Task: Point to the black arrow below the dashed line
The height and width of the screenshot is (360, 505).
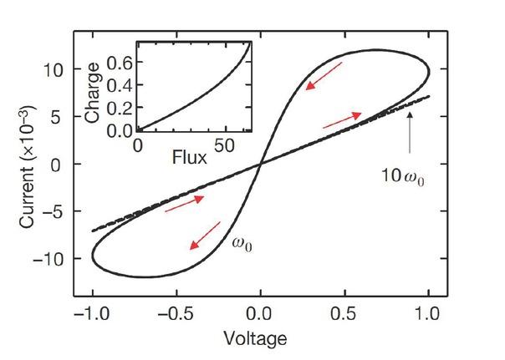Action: (x=410, y=133)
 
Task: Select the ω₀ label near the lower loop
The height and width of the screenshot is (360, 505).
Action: (x=242, y=243)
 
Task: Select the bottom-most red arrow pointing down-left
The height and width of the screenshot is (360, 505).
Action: (x=206, y=236)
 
